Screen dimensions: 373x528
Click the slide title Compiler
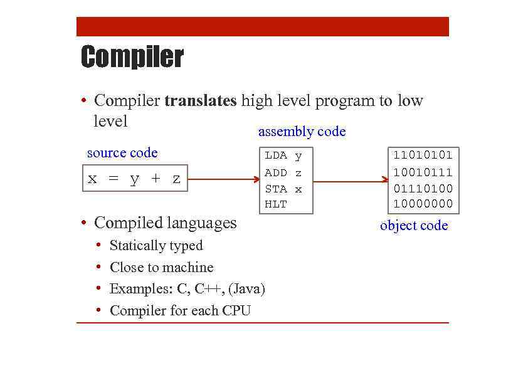pos(132,57)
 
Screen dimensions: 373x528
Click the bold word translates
pos(200,101)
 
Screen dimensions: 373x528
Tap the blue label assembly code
pos(302,132)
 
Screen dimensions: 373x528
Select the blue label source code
pos(122,153)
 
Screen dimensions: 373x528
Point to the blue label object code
pos(414,226)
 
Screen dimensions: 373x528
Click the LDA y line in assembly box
pos(283,155)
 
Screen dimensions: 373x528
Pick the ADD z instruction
pos(283,172)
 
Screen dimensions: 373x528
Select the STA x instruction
pos(283,189)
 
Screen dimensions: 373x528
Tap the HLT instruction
pos(275,204)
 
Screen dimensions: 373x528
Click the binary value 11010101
pos(423,155)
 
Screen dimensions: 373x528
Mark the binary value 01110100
pos(423,189)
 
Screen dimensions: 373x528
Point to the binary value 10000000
pos(423,204)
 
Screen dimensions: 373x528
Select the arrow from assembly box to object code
pos(350,182)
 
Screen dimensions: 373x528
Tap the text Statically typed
pos(156,246)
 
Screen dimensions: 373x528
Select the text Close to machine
pos(161,268)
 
